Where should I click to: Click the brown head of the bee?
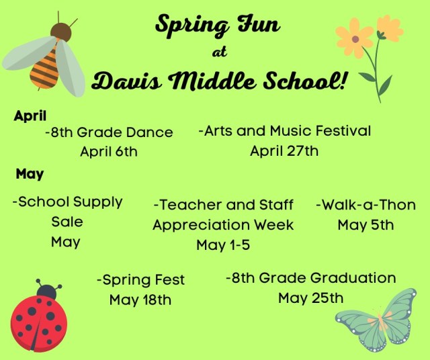pyautogui.click(x=60, y=31)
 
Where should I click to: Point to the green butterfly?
pyautogui.click(x=378, y=320)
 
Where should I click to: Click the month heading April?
pyautogui.click(x=30, y=116)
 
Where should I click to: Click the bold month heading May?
pyautogui.click(x=30, y=174)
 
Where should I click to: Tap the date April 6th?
pyautogui.click(x=108, y=152)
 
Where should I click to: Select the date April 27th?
pyautogui.click(x=284, y=151)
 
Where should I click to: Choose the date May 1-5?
pyautogui.click(x=223, y=245)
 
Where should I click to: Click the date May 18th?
pyautogui.click(x=140, y=300)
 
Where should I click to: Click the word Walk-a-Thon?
pyautogui.click(x=365, y=205)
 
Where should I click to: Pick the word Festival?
pyautogui.click(x=339, y=131)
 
